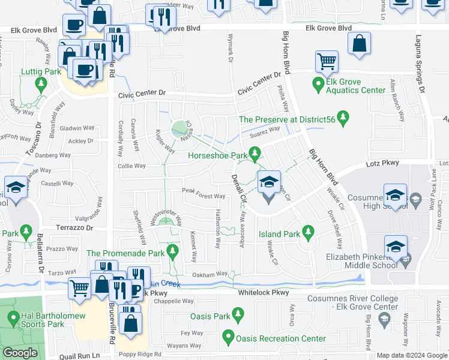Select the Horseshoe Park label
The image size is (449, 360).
coord(218,156)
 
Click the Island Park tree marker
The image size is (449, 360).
coord(309,231)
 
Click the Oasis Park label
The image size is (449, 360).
coord(210,316)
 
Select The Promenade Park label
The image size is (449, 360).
coord(125,254)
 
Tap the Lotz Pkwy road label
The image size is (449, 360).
coord(376,163)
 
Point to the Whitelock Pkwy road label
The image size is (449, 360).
coord(264,293)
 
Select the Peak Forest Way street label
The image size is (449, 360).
coord(203,196)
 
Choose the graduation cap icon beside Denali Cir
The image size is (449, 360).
coord(268,182)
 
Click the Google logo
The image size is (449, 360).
coord(20,353)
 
